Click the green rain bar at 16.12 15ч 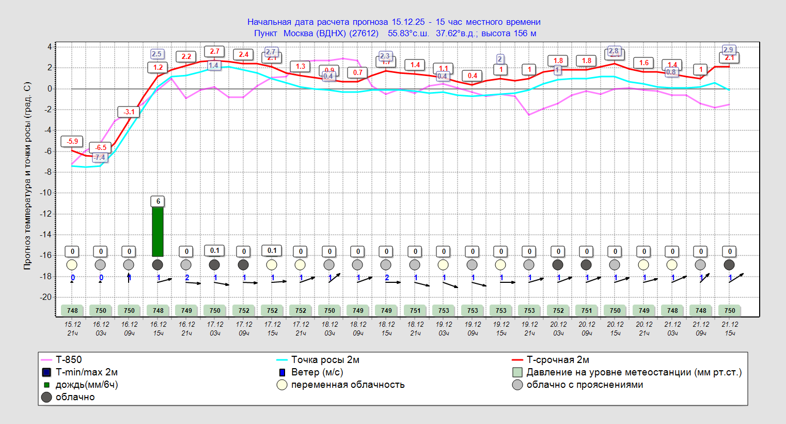[158, 231]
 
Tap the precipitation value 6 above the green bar [158, 201]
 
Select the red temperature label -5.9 [72, 141]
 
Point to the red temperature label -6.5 [101, 147]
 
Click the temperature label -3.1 [129, 112]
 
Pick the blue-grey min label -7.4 [100, 157]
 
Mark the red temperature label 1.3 [301, 66]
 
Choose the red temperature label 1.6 [643, 63]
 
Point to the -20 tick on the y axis [46, 297]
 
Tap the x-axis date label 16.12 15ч [158, 329]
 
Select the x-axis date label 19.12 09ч [473, 329]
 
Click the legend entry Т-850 [69, 360]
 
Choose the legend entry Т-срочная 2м [557, 360]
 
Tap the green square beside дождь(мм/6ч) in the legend [46, 385]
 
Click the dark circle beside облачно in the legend [46, 397]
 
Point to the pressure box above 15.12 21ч [72, 311]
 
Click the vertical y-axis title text [28, 176]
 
